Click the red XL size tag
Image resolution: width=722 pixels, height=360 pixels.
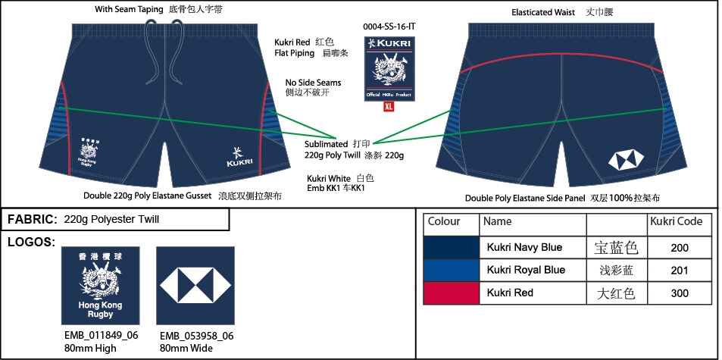pos(389,107)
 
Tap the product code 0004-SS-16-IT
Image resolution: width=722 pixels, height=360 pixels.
pos(389,26)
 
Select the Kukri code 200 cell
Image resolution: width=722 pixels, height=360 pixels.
pos(680,248)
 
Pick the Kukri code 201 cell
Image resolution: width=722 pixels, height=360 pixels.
pos(680,271)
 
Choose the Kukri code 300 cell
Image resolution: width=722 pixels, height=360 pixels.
pos(680,293)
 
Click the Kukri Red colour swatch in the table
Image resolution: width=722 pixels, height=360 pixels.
pos(452,293)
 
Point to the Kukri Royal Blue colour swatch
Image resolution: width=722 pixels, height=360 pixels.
pos(452,270)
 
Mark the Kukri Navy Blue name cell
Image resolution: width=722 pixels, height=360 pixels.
pos(524,248)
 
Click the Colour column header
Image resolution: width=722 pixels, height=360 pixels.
pos(444,222)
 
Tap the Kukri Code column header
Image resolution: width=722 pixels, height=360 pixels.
pos(677,222)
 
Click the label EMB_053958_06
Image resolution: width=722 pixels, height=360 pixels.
pos(196,337)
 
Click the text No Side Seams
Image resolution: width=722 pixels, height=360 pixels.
pos(313,83)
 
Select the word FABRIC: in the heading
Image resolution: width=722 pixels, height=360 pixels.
pos(32,220)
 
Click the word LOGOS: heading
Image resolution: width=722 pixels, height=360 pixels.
pos(31,242)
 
